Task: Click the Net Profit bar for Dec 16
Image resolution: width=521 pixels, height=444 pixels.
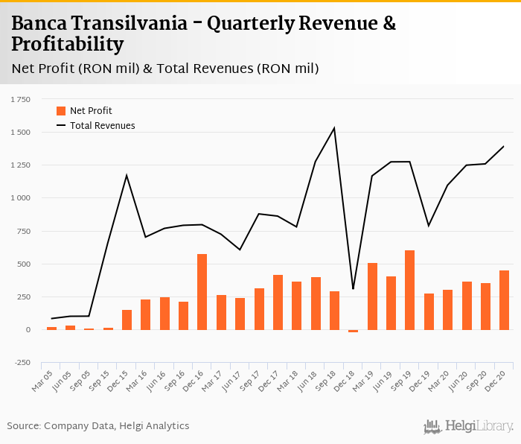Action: point(202,292)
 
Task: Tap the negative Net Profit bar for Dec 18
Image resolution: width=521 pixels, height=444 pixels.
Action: point(353,331)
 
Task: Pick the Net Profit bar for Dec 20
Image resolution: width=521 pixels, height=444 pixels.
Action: point(504,300)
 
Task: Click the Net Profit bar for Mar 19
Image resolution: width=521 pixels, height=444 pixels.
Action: point(372,296)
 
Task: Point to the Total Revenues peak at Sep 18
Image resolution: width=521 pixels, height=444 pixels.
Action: point(334,128)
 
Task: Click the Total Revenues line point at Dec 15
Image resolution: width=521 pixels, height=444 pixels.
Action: point(127,176)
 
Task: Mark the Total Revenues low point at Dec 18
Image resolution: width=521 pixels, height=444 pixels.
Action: point(353,289)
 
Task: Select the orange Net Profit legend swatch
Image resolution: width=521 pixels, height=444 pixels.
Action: point(61,111)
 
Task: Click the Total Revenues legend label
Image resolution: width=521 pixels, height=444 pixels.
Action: point(103,126)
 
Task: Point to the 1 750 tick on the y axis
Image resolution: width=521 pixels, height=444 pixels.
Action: point(20,99)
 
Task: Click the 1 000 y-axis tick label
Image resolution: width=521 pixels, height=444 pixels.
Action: point(20,198)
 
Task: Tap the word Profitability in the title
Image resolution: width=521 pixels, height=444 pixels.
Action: point(67,45)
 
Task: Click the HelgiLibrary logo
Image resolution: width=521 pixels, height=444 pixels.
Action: point(469,427)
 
